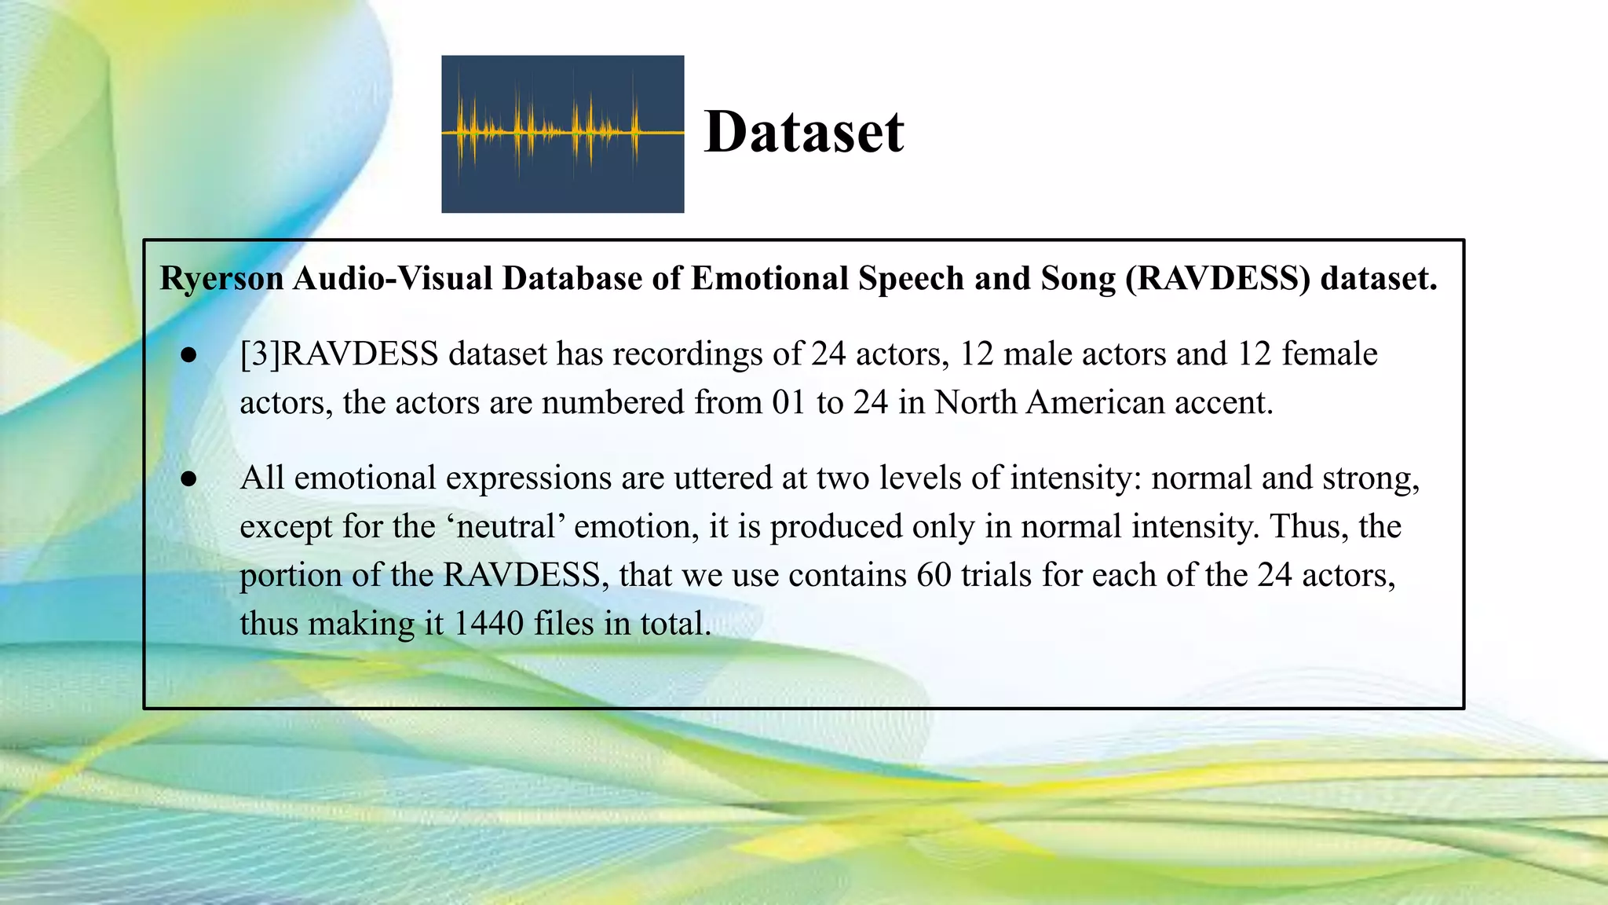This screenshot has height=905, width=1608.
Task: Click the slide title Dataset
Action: (x=804, y=132)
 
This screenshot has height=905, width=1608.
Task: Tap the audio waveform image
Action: (x=562, y=134)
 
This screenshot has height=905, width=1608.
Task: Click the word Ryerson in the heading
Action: (x=221, y=279)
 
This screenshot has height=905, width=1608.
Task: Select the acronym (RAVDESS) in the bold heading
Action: (x=1218, y=279)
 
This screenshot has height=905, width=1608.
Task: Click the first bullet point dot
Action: (x=188, y=355)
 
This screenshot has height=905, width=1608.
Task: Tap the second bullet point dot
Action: (x=188, y=478)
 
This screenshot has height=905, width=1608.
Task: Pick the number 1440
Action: (x=488, y=624)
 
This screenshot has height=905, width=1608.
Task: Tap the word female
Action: (x=1329, y=354)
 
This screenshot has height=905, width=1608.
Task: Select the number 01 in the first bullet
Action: (x=789, y=402)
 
